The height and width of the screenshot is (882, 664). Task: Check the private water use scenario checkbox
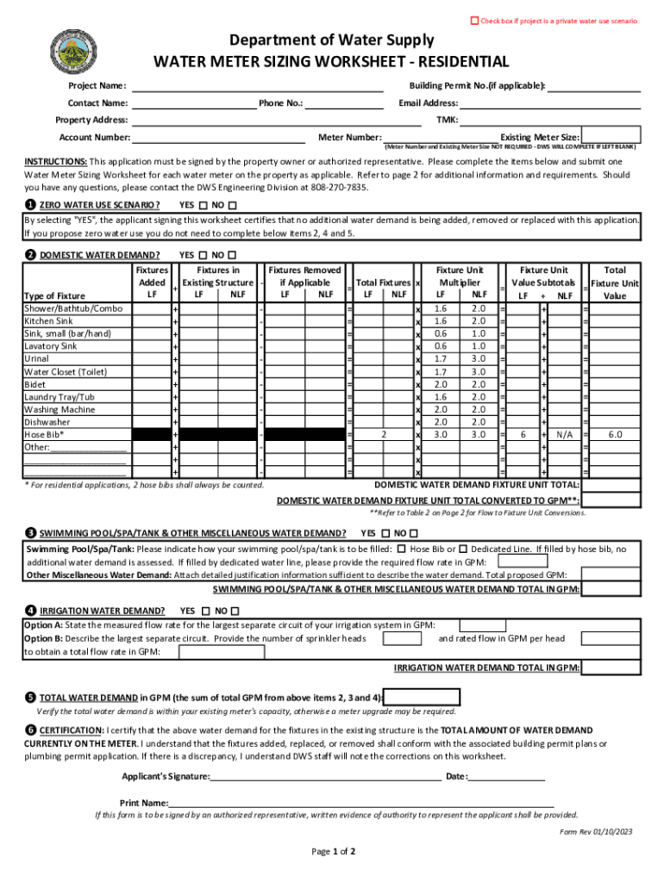tap(473, 20)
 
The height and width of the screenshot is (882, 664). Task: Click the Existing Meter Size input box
tap(611, 135)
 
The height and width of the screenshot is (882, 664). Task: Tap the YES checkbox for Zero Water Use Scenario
tap(203, 205)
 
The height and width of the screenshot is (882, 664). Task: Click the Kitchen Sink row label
tap(48, 321)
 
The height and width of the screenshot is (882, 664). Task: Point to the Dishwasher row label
tap(47, 423)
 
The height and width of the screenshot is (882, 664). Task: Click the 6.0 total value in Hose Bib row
tap(615, 436)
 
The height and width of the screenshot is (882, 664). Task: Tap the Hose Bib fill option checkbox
tap(402, 549)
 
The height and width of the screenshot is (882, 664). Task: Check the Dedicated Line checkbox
tap(464, 549)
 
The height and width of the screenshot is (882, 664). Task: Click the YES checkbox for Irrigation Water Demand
tap(203, 611)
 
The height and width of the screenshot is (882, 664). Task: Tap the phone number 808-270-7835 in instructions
tap(338, 186)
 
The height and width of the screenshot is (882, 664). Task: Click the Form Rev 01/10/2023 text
tap(596, 831)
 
